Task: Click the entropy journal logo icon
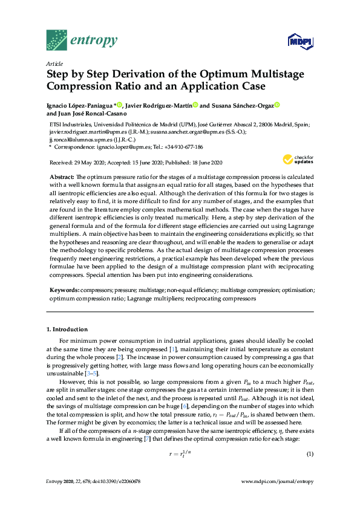pos(58,41)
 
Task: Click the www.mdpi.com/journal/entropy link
pos(277,481)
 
